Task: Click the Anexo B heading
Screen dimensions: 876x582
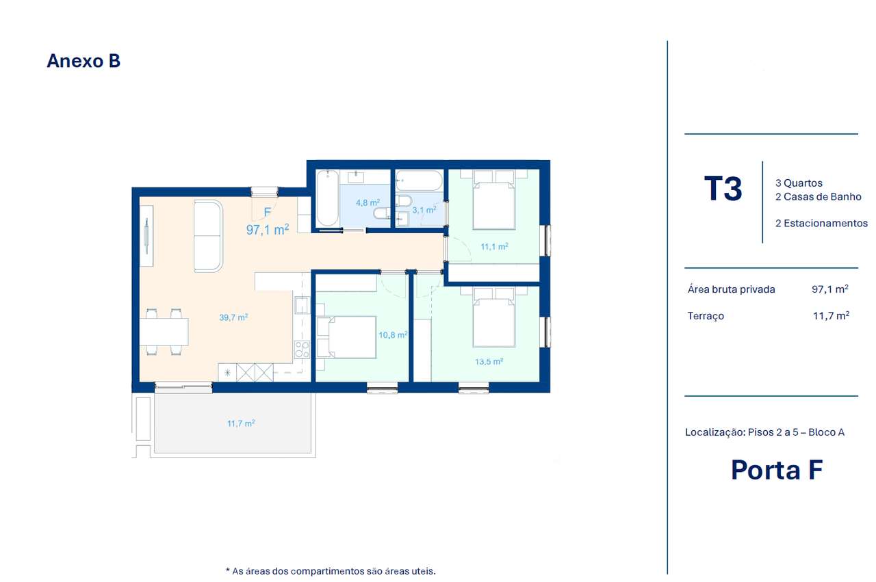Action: (83, 61)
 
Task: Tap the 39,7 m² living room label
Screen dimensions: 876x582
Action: (233, 317)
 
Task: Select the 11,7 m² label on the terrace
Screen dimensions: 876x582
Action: (241, 423)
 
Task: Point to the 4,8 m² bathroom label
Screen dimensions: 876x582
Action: (368, 202)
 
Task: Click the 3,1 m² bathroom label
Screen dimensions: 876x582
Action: (424, 210)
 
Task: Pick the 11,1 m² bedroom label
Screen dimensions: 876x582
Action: (494, 246)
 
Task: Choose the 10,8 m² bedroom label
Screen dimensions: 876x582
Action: (393, 335)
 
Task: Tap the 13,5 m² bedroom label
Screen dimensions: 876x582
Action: (489, 362)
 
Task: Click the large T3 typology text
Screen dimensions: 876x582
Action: (723, 189)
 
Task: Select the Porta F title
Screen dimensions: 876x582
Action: (777, 470)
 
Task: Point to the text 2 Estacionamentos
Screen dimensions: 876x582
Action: (821, 223)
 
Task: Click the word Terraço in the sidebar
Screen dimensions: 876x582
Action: (706, 316)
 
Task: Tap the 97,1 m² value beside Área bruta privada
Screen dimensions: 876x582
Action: (830, 289)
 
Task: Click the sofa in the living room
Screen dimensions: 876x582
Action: (209, 236)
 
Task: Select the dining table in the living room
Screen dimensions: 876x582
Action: (164, 332)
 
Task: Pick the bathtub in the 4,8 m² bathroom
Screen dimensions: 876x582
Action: (328, 198)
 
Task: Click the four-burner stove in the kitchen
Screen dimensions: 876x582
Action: (302, 349)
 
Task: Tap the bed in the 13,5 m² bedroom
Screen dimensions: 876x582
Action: (494, 321)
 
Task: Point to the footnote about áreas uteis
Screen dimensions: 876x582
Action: (331, 571)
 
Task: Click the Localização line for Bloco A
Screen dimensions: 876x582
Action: (764, 432)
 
